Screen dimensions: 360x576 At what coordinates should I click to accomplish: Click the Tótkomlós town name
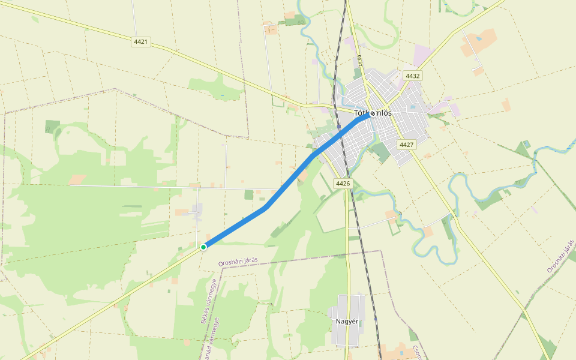373,113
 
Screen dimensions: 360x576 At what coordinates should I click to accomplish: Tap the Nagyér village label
347,321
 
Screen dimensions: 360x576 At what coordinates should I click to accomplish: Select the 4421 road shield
141,43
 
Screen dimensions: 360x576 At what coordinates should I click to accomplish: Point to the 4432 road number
413,76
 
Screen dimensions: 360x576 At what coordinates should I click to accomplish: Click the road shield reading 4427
406,145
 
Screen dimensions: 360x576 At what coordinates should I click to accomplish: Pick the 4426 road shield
343,183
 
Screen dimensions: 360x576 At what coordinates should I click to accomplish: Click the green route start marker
203,247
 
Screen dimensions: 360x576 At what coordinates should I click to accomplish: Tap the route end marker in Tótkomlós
373,113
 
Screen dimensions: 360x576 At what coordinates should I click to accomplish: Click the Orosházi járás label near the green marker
238,262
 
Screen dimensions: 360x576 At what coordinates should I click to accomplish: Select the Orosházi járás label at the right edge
560,254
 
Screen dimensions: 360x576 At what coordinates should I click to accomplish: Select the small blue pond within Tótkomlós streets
413,107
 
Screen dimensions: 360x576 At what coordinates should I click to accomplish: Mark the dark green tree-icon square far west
53,126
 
